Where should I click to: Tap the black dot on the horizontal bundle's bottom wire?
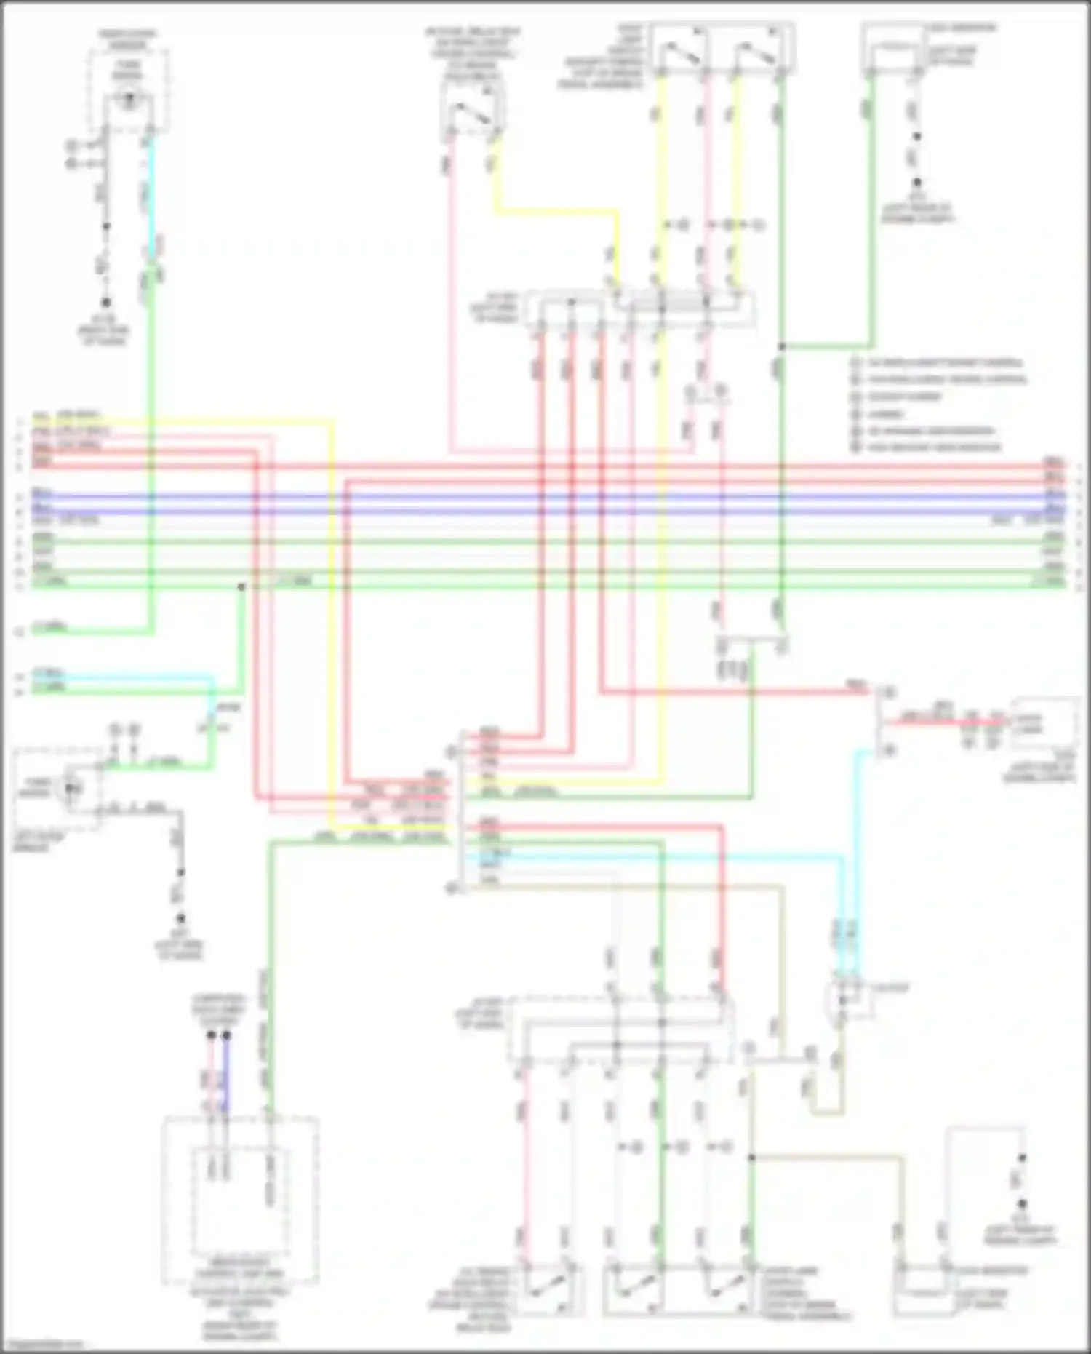point(241,586)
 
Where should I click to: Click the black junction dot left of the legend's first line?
point(781,347)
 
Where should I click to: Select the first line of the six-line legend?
point(938,362)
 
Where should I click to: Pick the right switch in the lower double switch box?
point(720,1291)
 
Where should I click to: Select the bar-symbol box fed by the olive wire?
point(924,1291)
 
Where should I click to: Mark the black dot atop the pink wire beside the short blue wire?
point(211,1034)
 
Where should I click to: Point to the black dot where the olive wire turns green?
point(752,1157)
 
